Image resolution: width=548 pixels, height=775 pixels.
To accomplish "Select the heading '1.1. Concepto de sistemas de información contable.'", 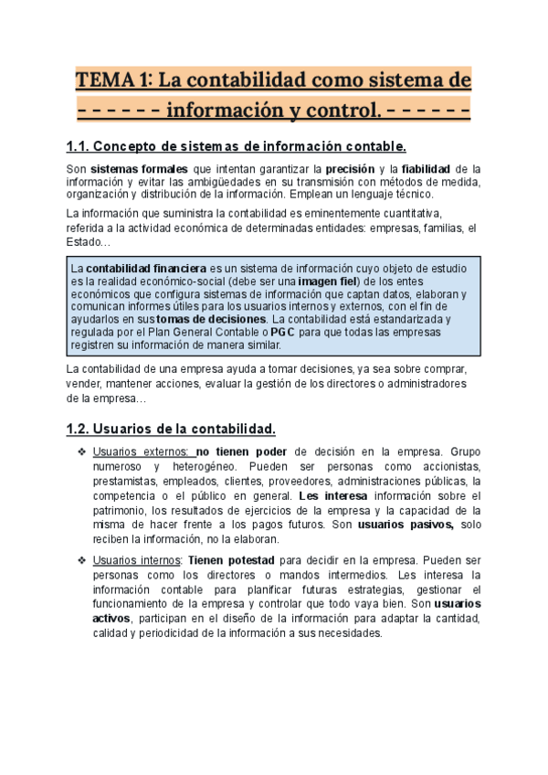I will (x=236, y=146).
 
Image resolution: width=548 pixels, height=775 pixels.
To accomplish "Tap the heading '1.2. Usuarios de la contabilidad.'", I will (x=171, y=429).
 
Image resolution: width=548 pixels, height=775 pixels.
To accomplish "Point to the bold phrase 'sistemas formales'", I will (x=140, y=169).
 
